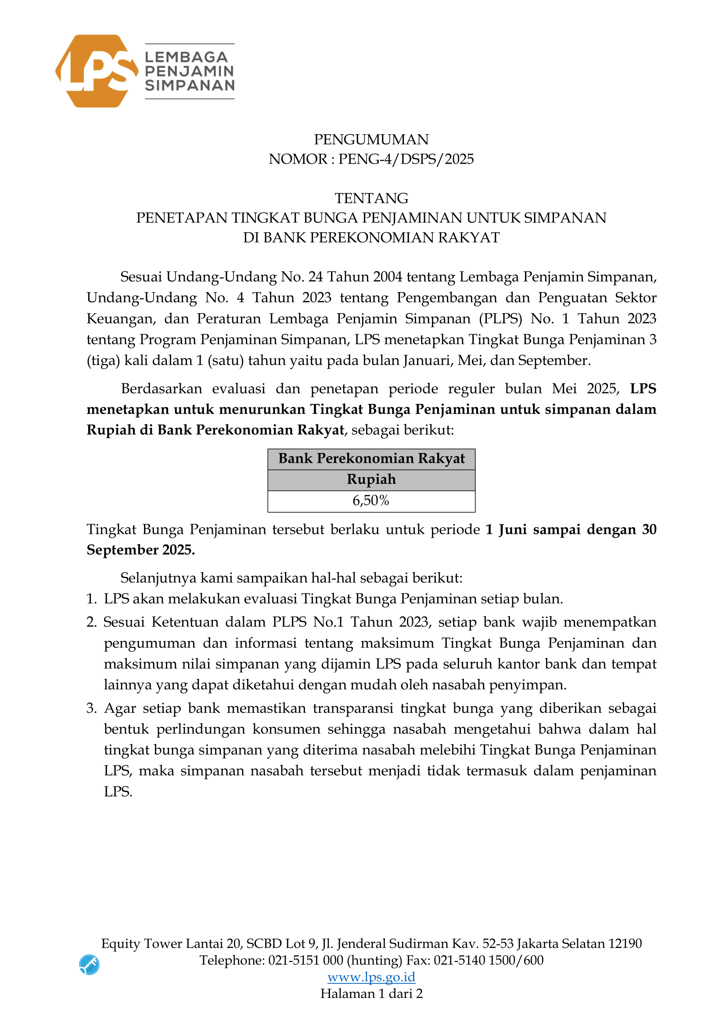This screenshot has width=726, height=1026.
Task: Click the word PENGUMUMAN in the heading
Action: (x=371, y=139)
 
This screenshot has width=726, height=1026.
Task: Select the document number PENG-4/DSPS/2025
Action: (x=406, y=159)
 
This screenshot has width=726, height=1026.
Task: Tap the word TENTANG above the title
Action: (x=371, y=198)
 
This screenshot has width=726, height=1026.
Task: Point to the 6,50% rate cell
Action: (x=371, y=500)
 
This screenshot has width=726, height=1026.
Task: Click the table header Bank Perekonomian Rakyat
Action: (x=371, y=458)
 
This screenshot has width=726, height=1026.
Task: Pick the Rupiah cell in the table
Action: (x=371, y=479)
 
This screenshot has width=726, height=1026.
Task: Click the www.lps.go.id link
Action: (x=371, y=977)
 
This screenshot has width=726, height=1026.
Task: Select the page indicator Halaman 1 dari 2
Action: (x=371, y=994)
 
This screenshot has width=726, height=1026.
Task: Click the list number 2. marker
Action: (x=92, y=622)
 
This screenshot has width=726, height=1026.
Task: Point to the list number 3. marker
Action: (x=92, y=708)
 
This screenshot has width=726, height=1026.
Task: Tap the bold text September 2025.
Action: (x=141, y=550)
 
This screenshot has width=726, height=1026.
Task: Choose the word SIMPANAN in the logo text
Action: (x=190, y=86)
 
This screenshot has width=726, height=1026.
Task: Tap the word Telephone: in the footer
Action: (x=232, y=960)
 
